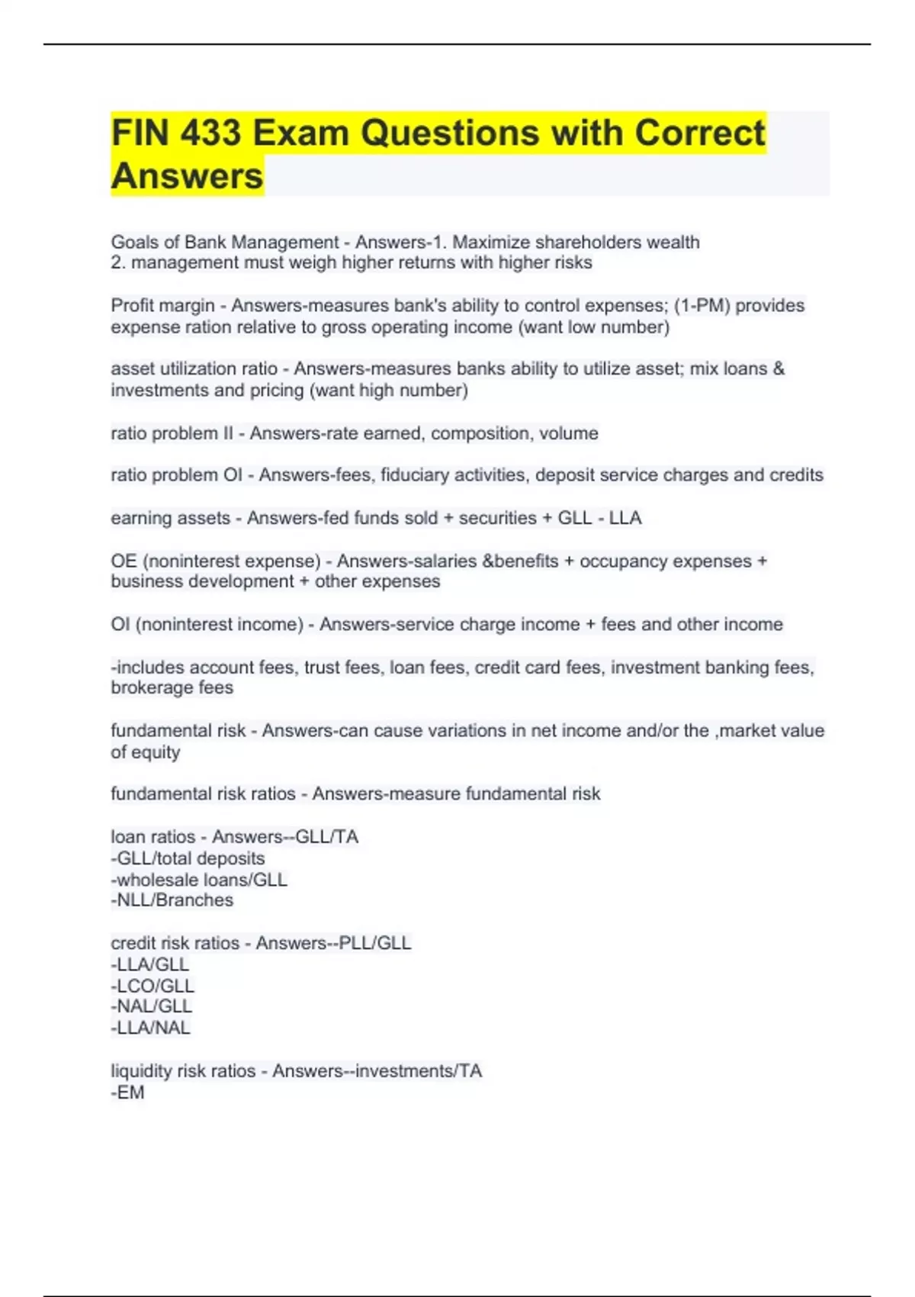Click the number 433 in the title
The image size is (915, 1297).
210,133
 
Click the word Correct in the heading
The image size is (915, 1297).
699,133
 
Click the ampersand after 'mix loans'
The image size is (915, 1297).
778,369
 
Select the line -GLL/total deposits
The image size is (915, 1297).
188,858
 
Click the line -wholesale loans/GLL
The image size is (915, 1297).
199,880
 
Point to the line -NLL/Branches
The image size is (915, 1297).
172,900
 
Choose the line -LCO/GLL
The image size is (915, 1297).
152,986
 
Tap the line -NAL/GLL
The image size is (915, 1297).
151,1006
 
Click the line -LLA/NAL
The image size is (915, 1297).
150,1028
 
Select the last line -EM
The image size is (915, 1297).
127,1093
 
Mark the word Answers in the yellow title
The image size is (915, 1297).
187,175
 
